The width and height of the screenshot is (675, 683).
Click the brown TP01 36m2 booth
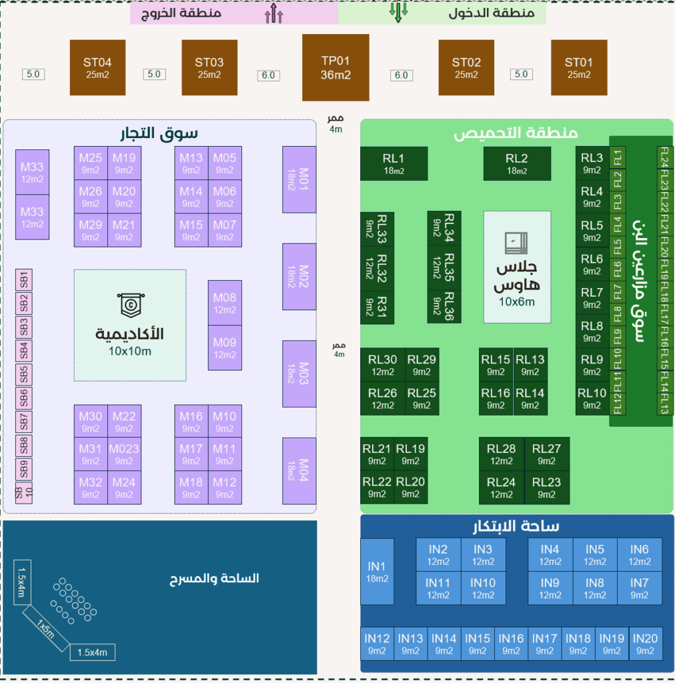(335, 67)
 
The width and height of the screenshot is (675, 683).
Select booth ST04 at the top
(97, 67)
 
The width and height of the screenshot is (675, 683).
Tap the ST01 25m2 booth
(579, 67)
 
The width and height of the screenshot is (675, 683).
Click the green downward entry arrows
(398, 12)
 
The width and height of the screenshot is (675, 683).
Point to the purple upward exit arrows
(274, 13)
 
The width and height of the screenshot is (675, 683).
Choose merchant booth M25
(91, 163)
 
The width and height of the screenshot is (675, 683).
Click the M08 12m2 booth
(225, 303)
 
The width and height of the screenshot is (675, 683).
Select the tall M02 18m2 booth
(299, 277)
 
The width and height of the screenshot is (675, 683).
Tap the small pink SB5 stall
(24, 374)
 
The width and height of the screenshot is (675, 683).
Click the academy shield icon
(131, 305)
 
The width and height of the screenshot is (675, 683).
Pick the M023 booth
(124, 454)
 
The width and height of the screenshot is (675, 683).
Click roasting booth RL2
(517, 163)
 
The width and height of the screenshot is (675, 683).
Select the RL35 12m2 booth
(444, 267)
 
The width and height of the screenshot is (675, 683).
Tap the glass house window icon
(516, 243)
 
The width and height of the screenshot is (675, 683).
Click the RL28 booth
(501, 454)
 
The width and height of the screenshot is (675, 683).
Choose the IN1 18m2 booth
(377, 572)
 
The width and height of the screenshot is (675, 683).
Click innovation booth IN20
(645, 644)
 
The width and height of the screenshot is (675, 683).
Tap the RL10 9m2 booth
(592, 399)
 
